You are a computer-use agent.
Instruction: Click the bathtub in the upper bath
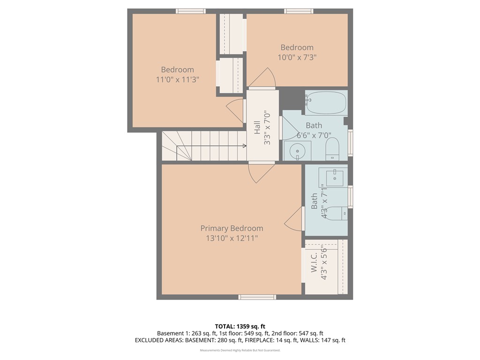point(326,103)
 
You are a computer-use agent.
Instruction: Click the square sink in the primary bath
point(335,178)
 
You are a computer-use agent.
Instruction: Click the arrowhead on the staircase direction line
point(244,146)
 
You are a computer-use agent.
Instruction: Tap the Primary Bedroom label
point(232,228)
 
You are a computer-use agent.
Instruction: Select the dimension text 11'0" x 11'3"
point(178,80)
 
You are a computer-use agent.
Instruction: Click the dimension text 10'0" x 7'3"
point(297,57)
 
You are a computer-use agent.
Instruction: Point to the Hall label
point(257,128)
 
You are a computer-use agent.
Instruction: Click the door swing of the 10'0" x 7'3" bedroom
point(266,77)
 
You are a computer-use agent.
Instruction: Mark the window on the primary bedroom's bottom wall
point(257,297)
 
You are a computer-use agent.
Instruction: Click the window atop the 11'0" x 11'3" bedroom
point(191,11)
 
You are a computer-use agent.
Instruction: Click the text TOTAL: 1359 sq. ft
point(240,326)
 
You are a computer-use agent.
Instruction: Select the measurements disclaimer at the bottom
point(240,350)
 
